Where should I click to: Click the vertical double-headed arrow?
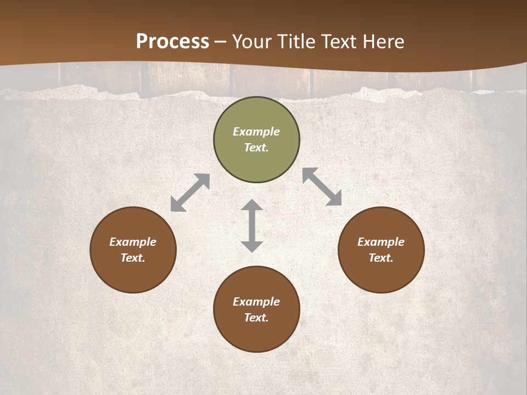[252, 225]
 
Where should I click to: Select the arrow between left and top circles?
[190, 193]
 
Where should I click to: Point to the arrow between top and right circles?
[322, 187]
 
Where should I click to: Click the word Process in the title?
[172, 42]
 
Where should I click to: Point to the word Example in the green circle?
[256, 132]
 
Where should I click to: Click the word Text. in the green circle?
[256, 148]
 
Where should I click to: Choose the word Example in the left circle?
[133, 242]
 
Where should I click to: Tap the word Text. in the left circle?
[133, 258]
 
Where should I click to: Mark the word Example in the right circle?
[381, 242]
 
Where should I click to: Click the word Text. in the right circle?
[381, 258]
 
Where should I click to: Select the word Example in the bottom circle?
[256, 302]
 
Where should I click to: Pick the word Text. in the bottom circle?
[256, 318]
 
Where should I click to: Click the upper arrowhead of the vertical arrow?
[252, 205]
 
